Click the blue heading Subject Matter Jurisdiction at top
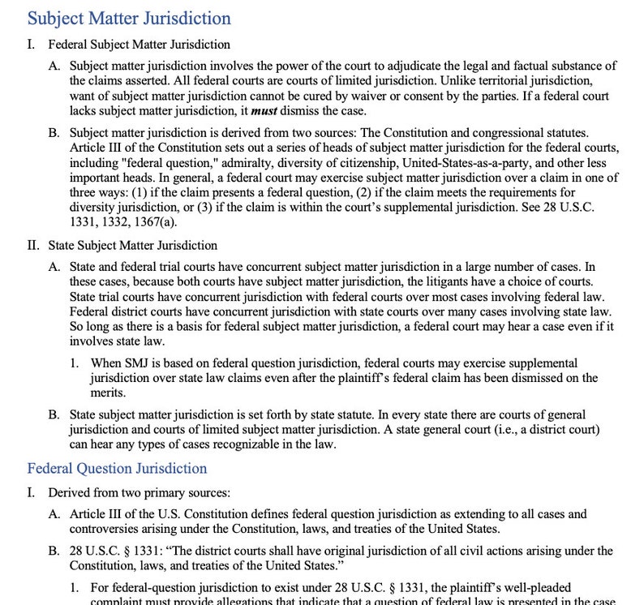click(129, 18)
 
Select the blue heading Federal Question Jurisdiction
click(117, 468)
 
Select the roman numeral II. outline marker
click(34, 245)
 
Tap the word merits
click(108, 393)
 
